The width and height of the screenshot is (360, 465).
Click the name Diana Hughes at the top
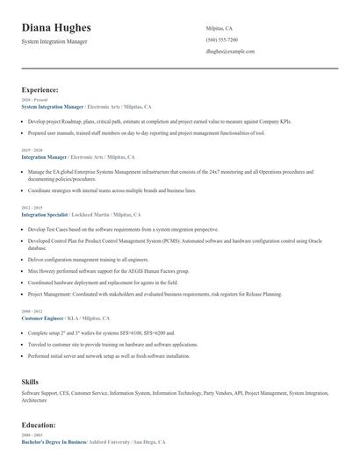[x=56, y=28]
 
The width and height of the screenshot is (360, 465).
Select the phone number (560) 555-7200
[x=221, y=39]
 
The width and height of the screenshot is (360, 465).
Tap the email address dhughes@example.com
[x=230, y=52]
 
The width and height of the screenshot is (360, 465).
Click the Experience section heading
[x=40, y=89]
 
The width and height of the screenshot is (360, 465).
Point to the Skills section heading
[x=30, y=382]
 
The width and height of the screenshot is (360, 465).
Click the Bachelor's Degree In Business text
[x=54, y=441]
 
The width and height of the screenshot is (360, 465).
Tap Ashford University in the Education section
[x=111, y=441]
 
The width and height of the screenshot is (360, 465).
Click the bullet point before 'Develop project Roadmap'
[x=22, y=120]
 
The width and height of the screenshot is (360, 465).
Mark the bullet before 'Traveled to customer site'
[x=22, y=345]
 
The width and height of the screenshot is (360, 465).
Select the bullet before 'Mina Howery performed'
[x=22, y=272]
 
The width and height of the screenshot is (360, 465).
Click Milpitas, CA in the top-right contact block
[x=220, y=27]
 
